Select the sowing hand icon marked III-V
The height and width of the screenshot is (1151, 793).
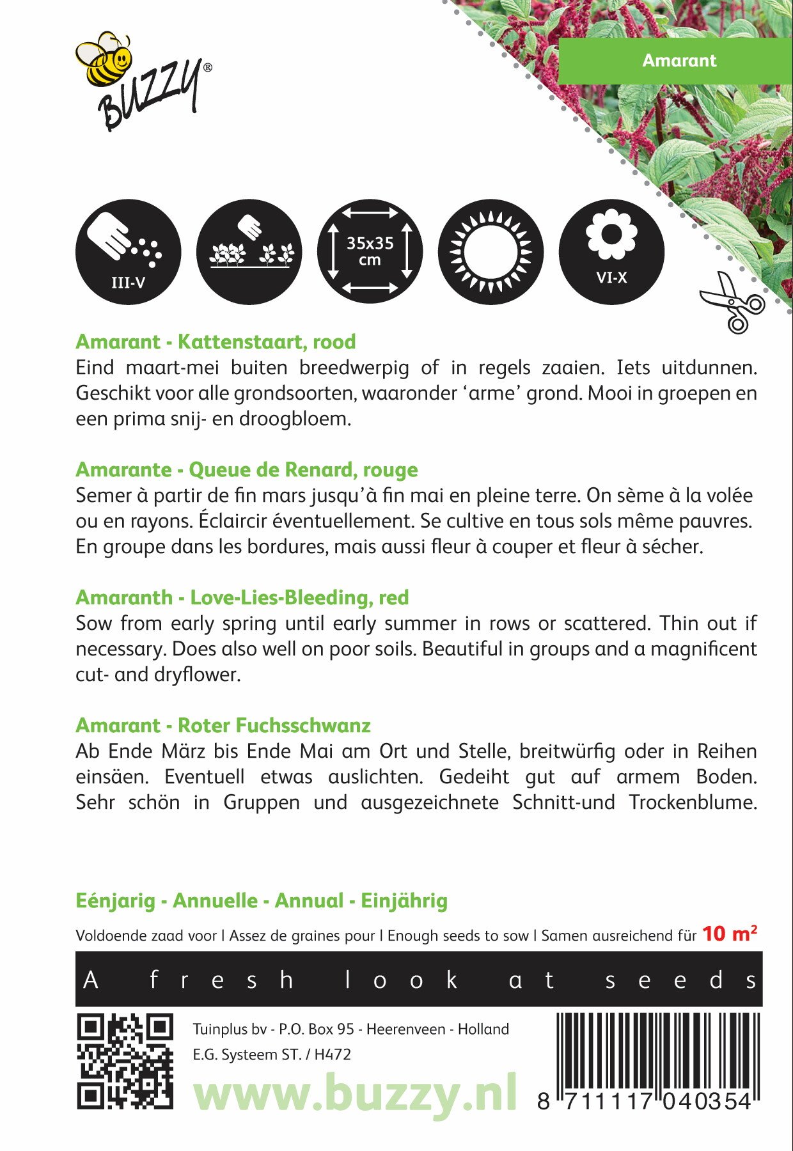tap(128, 251)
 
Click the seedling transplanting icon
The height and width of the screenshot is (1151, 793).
tap(249, 251)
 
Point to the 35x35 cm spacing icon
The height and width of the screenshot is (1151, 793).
tap(370, 251)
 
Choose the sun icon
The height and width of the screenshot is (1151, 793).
tap(491, 251)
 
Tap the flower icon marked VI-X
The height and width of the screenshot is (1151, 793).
tap(611, 251)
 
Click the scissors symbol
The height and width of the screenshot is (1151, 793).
tap(732, 302)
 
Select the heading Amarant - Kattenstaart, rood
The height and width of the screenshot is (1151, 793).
tap(216, 341)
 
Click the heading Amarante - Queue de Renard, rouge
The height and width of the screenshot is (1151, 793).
tap(247, 469)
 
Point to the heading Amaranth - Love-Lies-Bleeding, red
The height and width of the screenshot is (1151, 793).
tap(242, 597)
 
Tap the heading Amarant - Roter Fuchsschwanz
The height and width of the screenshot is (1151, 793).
tap(223, 725)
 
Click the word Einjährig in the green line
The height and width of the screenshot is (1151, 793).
tap(404, 900)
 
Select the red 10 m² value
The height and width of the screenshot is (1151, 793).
tap(729, 934)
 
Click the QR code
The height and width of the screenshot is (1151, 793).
tap(125, 1061)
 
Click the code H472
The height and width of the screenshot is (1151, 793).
tap(333, 1054)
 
